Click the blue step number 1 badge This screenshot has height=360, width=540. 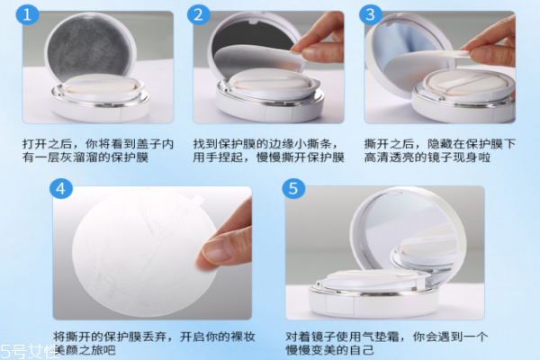point(31,15)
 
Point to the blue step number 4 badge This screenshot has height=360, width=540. point(62,189)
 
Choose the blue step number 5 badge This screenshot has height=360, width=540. point(292,189)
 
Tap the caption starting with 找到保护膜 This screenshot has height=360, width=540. point(268,148)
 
